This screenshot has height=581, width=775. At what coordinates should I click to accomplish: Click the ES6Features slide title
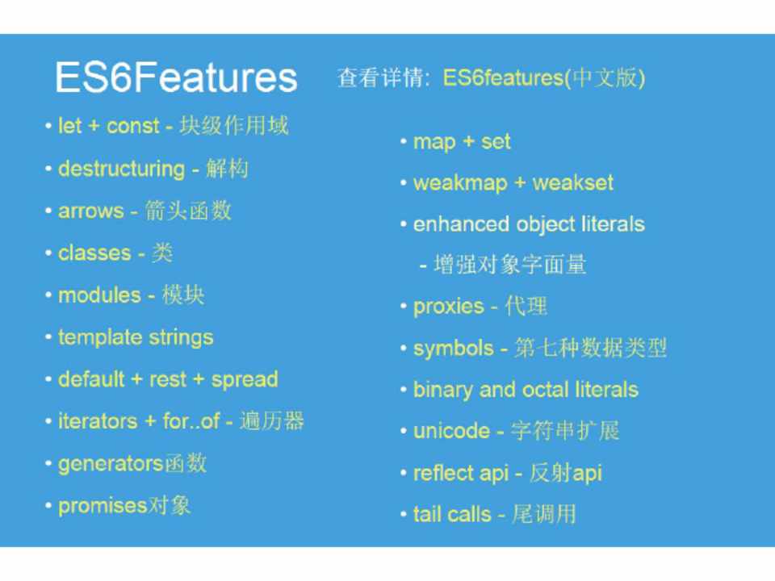[176, 77]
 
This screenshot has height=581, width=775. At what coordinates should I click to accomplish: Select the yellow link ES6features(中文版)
[543, 77]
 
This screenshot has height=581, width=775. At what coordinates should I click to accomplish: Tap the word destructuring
[122, 169]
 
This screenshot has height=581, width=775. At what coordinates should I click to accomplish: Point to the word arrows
[91, 211]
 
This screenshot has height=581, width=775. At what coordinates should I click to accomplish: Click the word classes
[94, 253]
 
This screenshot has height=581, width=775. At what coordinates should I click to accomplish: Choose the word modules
[99, 295]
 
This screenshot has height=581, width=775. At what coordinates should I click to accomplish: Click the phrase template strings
[136, 338]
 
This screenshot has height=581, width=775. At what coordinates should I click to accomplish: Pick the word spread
[245, 380]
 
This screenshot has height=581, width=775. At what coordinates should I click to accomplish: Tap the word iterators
[98, 421]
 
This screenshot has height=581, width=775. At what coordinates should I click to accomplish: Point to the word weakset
[573, 183]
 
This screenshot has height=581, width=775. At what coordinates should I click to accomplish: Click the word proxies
[448, 307]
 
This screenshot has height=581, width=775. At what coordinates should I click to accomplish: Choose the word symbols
[453, 349]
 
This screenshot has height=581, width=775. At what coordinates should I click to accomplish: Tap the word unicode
[451, 431]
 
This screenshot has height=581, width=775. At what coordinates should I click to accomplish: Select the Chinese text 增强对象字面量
[510, 265]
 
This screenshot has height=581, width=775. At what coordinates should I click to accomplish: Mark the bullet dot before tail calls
[404, 515]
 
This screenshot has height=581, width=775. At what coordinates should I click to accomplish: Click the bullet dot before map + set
[404, 142]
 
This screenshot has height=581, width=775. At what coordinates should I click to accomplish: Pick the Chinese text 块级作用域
[234, 126]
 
